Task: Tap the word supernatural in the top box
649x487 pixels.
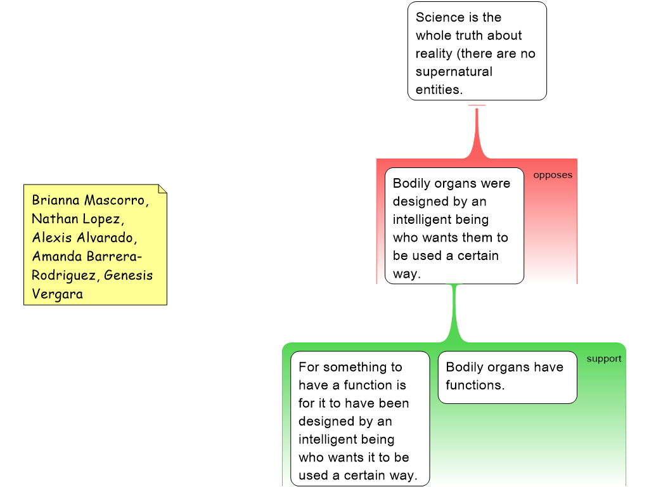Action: (x=454, y=72)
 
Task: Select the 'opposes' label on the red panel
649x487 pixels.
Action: (x=552, y=175)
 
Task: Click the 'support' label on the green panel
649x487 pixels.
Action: (x=603, y=359)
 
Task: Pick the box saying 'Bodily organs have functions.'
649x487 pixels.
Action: (x=507, y=377)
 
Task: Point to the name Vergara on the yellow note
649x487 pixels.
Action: (x=57, y=294)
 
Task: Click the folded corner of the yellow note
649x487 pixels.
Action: (x=162, y=189)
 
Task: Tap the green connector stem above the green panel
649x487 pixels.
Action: (x=454, y=314)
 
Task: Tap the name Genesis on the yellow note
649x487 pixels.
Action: (x=128, y=275)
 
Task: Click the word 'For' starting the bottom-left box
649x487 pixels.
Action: (x=309, y=367)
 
